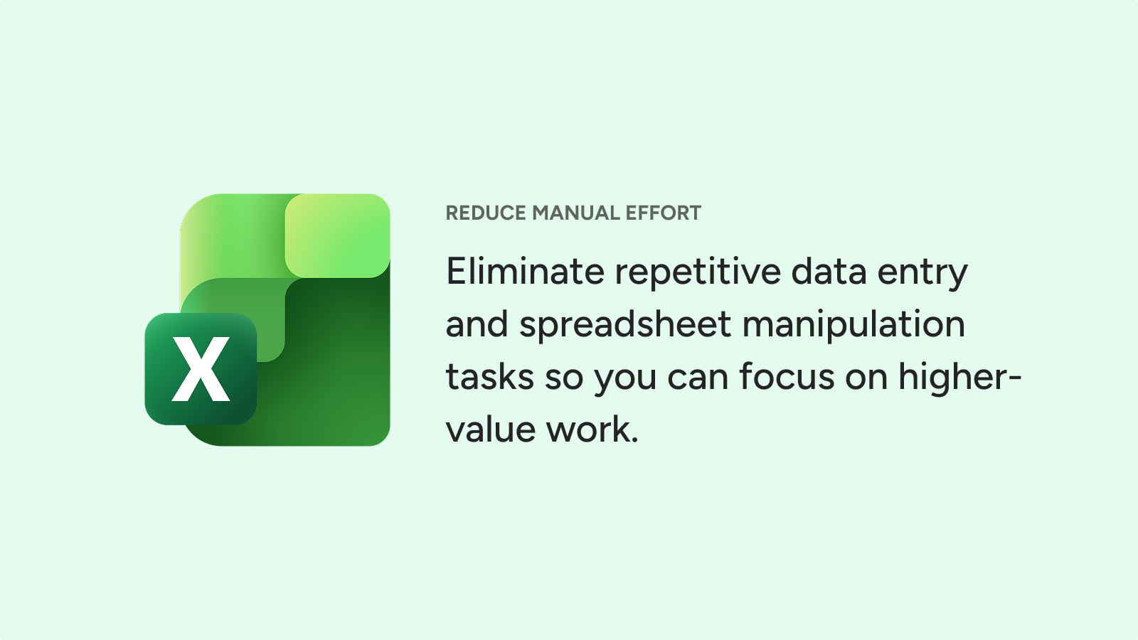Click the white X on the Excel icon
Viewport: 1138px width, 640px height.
[201, 369]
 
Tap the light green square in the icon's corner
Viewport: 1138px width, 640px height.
[337, 235]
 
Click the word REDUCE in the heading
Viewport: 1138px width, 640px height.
[486, 213]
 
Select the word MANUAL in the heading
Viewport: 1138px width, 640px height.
[576, 213]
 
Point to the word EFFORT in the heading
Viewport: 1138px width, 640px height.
[664, 213]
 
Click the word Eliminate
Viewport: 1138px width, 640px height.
[526, 271]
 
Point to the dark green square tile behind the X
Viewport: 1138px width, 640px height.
[201, 369]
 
